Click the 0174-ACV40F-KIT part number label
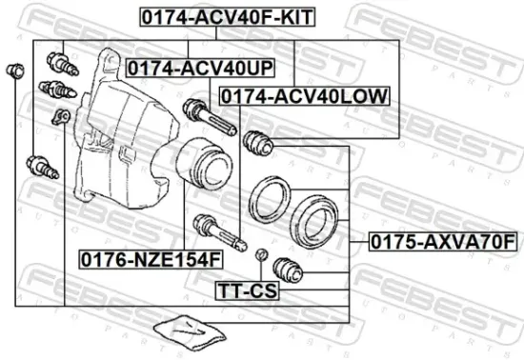tap(215, 16)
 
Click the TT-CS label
tap(246, 289)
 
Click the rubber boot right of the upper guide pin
tap(259, 144)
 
